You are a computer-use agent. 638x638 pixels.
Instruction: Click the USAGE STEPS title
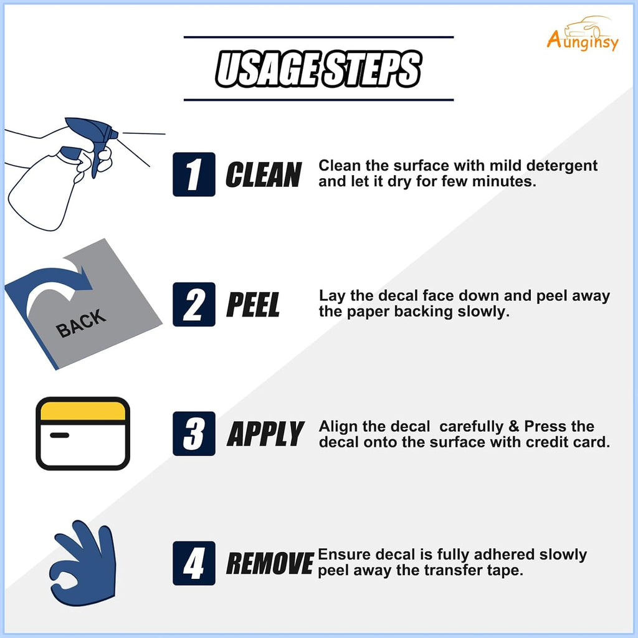click(x=318, y=69)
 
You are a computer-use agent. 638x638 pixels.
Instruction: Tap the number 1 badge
click(x=194, y=174)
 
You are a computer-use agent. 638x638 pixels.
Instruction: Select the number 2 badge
click(x=194, y=304)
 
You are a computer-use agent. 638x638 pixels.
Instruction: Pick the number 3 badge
click(x=194, y=434)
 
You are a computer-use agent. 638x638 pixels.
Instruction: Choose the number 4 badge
click(x=194, y=563)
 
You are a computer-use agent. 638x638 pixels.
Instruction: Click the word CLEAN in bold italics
click(x=264, y=174)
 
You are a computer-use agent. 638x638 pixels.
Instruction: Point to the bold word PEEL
click(x=253, y=304)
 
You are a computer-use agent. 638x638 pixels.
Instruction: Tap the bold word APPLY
click(x=265, y=434)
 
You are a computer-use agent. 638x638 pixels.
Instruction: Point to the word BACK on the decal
click(x=81, y=323)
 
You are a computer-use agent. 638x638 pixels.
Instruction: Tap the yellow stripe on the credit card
click(x=83, y=411)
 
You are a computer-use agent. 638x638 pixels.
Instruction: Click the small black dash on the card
click(x=59, y=436)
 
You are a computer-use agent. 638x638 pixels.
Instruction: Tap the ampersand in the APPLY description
click(x=514, y=426)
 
